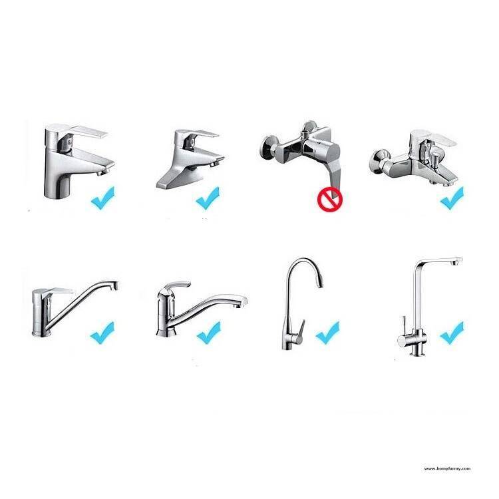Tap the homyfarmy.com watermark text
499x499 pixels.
click(x=447, y=468)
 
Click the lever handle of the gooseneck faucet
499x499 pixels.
click(x=299, y=329)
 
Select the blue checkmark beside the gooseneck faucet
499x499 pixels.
click(x=327, y=331)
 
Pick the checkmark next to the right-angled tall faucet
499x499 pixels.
click(x=451, y=331)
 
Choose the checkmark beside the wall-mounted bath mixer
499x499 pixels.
click(x=452, y=196)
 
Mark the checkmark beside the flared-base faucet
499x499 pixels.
click(x=208, y=197)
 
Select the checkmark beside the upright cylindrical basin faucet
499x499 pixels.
click(x=102, y=198)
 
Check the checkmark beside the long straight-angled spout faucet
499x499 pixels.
click(x=102, y=331)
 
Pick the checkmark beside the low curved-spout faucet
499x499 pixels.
click(x=208, y=331)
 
